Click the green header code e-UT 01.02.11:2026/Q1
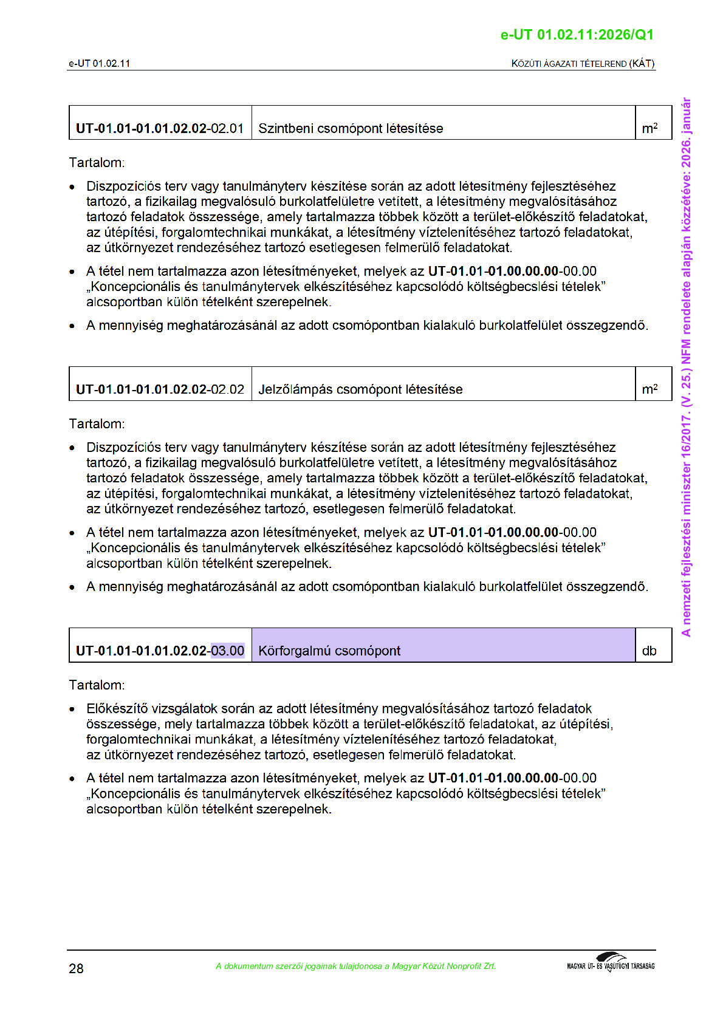[x=577, y=35]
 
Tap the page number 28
[x=76, y=968]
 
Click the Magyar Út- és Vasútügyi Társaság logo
[x=611, y=962]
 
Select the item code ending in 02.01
[x=160, y=128]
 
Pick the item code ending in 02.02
[x=160, y=389]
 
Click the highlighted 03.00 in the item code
[x=228, y=651]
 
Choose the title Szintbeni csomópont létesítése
[x=351, y=128]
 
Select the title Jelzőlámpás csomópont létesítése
[x=360, y=389]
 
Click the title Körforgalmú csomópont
[x=329, y=651]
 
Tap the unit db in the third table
[x=649, y=651]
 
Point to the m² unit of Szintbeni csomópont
[x=649, y=128]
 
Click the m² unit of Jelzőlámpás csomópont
[x=649, y=389]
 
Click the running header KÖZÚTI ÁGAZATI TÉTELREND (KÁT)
[x=583, y=63]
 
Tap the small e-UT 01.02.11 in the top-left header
[x=99, y=63]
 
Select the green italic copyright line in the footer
[x=355, y=966]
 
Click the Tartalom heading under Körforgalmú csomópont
[x=97, y=685]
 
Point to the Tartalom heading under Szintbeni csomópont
[x=97, y=162]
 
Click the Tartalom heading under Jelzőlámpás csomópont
[x=97, y=423]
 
